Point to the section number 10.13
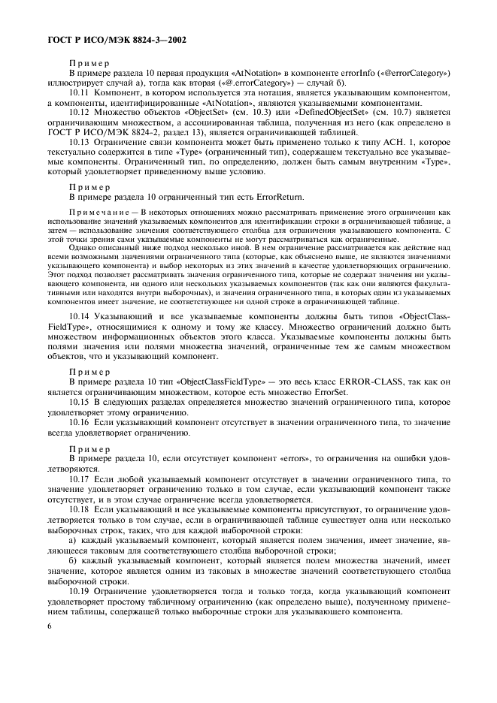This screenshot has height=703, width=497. pyautogui.click(x=79, y=141)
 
